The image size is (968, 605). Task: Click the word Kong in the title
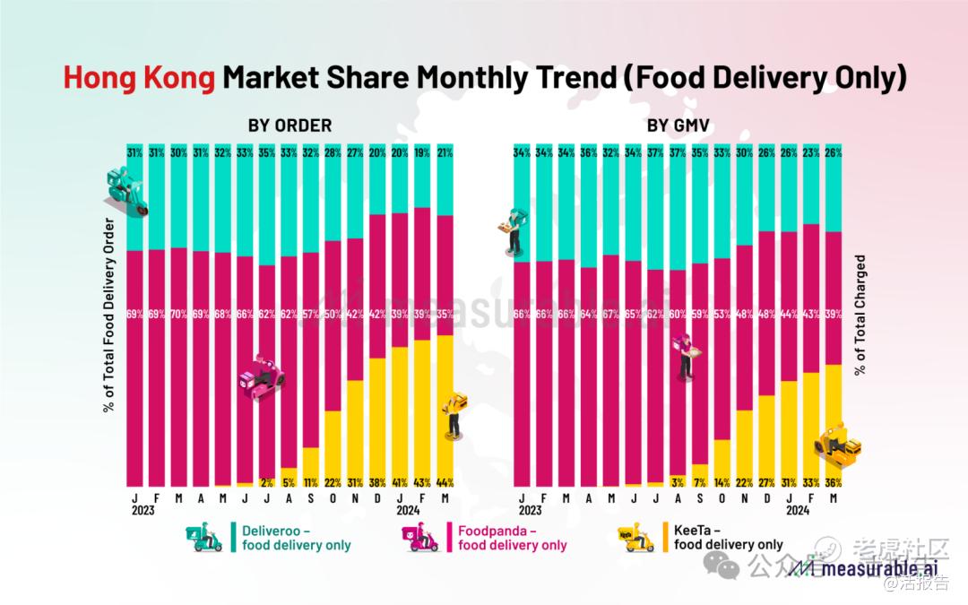(179, 78)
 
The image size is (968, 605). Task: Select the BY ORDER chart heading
(290, 125)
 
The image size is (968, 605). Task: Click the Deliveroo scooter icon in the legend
(207, 537)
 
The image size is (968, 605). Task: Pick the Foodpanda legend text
(512, 537)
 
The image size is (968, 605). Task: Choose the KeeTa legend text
(728, 537)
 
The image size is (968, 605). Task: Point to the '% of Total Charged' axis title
(860, 315)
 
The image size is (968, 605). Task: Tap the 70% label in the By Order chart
(179, 315)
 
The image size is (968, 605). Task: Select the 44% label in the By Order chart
(444, 481)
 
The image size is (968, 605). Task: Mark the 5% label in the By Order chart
(289, 481)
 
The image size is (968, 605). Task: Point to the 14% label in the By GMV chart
(722, 481)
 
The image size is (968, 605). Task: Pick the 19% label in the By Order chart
(421, 151)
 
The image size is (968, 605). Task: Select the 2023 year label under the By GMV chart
(530, 510)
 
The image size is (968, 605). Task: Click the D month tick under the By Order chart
(377, 497)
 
